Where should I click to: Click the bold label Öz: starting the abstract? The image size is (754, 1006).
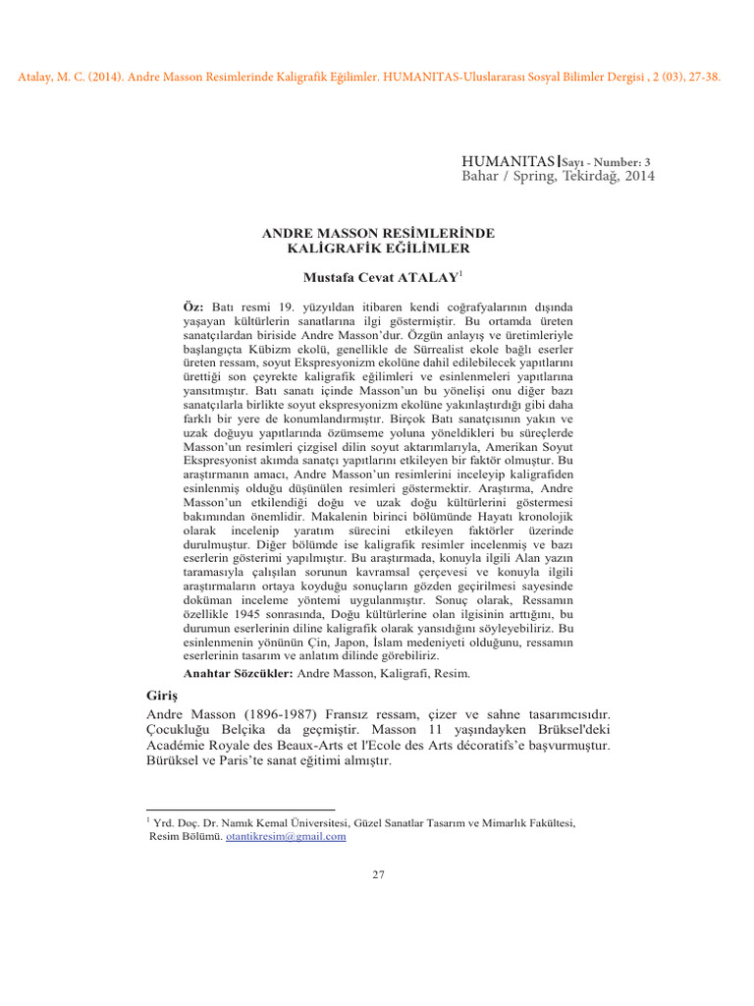tap(194, 307)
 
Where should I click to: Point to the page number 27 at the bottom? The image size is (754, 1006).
tap(378, 875)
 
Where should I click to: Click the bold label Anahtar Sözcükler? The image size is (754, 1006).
tap(239, 673)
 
